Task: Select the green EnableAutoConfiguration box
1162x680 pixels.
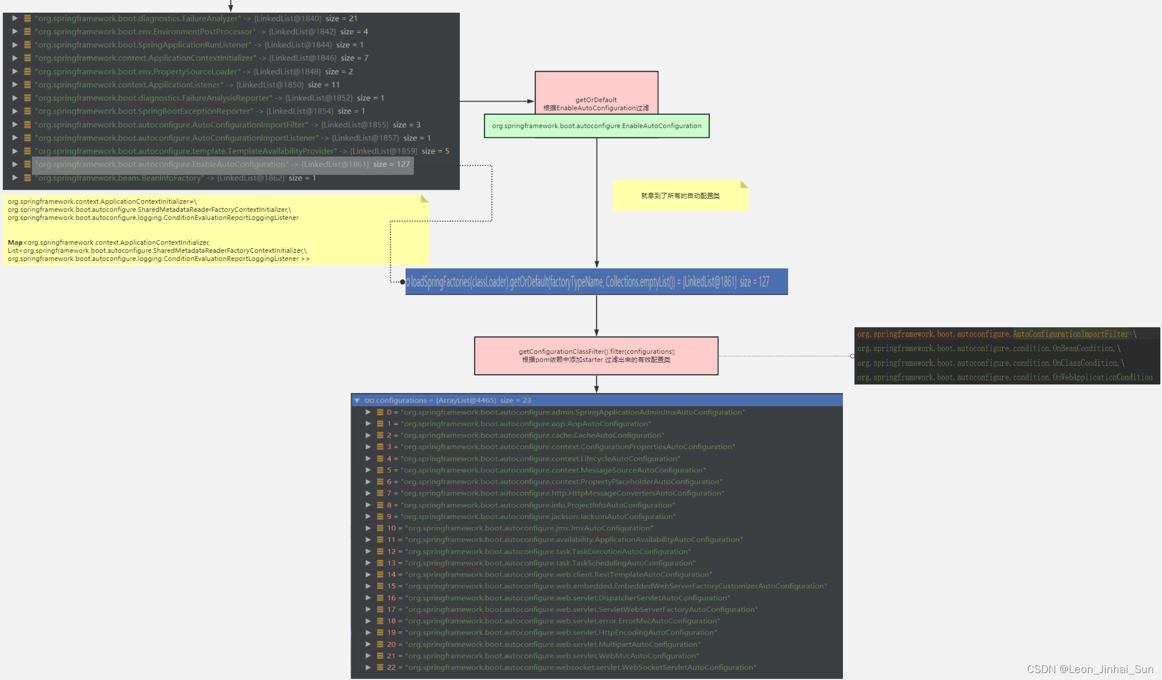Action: point(597,126)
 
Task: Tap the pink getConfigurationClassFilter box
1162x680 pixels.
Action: point(596,356)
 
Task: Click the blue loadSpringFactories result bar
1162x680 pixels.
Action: point(596,282)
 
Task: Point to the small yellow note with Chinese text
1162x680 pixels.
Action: point(680,196)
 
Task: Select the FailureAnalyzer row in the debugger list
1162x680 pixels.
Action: point(196,18)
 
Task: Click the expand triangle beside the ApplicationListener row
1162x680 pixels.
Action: point(15,85)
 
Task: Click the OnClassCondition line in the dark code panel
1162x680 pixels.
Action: point(990,363)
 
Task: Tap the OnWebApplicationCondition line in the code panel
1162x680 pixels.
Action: point(1004,378)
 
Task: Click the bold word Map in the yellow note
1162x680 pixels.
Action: point(15,242)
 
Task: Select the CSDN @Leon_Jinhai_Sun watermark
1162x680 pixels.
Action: point(1090,669)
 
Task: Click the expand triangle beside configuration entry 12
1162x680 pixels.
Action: point(368,551)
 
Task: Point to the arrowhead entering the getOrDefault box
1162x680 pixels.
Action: point(531,101)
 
